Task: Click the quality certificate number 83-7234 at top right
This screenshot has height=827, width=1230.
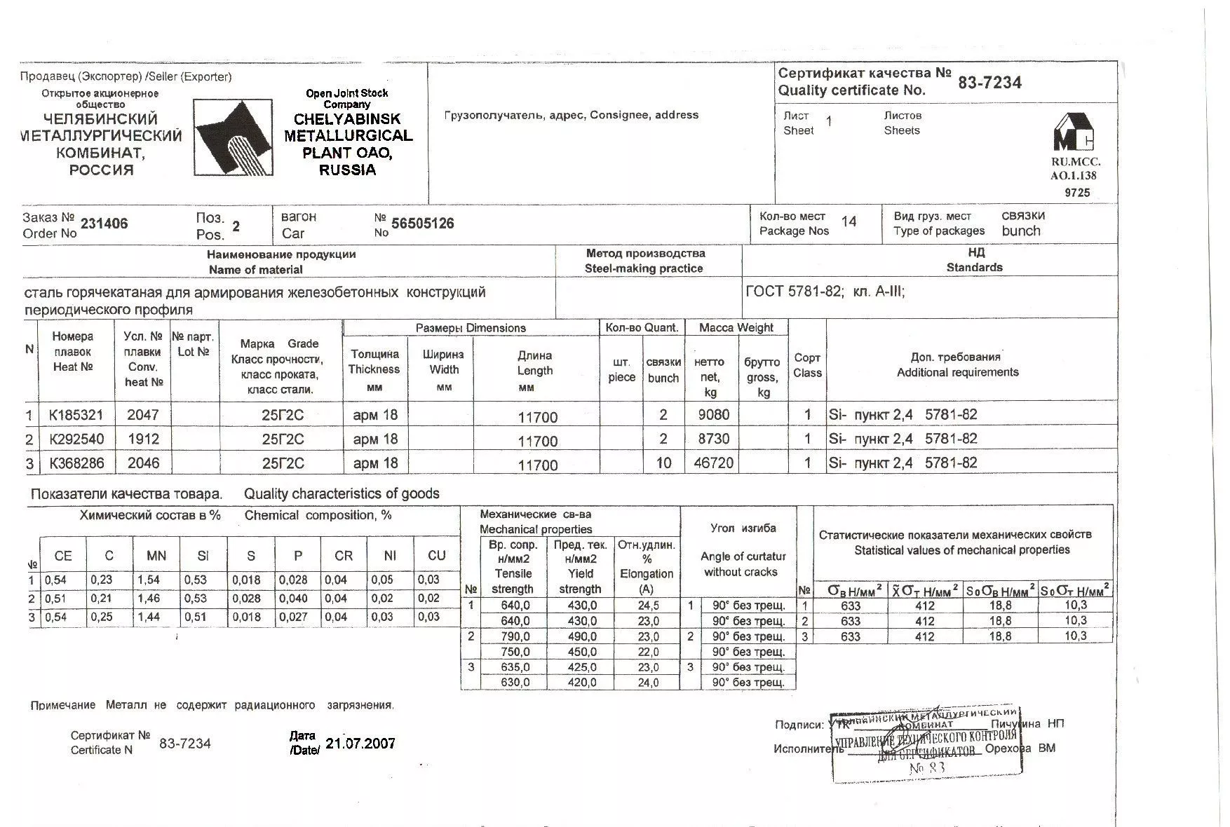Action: tap(989, 83)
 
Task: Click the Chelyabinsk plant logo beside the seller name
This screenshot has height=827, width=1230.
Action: tap(234, 137)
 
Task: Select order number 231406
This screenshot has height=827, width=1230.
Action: tap(104, 224)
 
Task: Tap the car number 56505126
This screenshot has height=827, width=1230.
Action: tap(422, 224)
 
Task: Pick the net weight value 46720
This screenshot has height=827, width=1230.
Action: tap(713, 463)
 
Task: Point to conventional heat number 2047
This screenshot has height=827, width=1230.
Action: tap(143, 415)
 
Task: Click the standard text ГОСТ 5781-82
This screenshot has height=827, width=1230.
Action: tap(793, 292)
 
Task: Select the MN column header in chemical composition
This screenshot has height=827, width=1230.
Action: tap(156, 556)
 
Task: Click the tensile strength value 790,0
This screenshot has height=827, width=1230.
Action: tap(515, 636)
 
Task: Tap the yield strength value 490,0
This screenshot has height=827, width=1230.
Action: tap(582, 636)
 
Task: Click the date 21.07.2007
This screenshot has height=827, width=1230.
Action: tap(360, 744)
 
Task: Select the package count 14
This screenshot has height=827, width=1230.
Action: tap(849, 222)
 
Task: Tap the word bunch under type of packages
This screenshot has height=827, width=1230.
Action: tap(1021, 231)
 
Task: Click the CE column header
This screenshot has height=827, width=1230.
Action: tap(63, 556)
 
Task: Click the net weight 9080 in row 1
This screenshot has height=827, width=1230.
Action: tap(713, 415)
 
